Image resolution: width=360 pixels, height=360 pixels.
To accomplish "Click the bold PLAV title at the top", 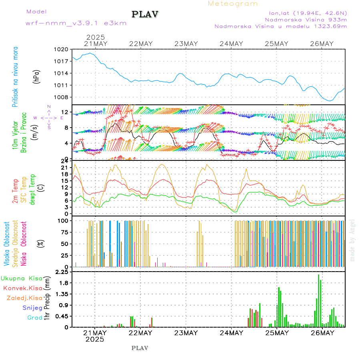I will [x=146, y=14].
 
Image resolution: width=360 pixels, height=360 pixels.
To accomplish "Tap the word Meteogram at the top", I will [x=233, y=4].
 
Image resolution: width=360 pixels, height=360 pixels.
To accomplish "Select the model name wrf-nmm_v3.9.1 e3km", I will [x=76, y=23].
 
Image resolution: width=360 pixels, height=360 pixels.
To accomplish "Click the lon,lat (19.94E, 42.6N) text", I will [x=307, y=12].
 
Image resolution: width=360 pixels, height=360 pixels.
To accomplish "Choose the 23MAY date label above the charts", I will [x=186, y=44].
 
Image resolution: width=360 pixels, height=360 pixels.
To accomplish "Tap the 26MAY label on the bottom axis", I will [x=322, y=333].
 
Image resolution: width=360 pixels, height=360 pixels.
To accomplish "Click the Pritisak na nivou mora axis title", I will [x=15, y=77].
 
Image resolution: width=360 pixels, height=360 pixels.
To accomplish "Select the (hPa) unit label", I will [x=37, y=76].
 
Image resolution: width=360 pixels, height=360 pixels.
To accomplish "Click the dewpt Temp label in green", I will [x=33, y=189].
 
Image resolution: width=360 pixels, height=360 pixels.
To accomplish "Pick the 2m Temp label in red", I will [x=15, y=191].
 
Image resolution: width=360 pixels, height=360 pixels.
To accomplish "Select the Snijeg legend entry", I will [x=30, y=308].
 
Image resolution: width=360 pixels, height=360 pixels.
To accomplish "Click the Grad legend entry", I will [x=34, y=318].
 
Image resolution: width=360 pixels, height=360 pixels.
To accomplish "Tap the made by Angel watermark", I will [x=352, y=240].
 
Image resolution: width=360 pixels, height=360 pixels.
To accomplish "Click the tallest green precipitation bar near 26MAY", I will [x=318, y=300].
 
